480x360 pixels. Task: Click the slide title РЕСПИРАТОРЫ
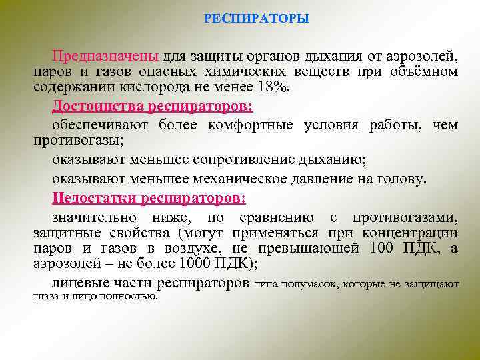tap(256, 19)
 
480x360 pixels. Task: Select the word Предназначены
tap(105, 55)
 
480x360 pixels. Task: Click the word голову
tap(401, 179)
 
